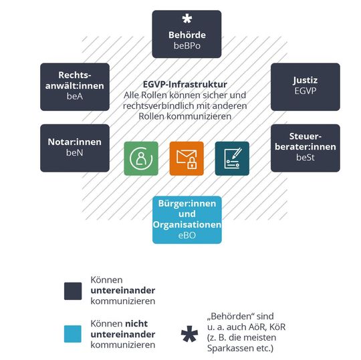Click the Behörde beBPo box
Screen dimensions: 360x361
tap(187, 34)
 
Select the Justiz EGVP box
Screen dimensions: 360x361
tap(305, 87)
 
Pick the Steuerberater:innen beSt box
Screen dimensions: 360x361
tap(305, 148)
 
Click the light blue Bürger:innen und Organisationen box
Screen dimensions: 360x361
tap(187, 220)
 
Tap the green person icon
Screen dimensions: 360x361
tap(140, 158)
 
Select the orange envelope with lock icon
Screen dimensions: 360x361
tap(187, 158)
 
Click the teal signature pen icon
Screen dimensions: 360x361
tap(232, 158)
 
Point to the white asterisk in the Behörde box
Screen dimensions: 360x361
tap(187, 19)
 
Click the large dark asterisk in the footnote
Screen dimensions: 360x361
tap(190, 333)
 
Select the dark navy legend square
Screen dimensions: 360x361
tap(72, 291)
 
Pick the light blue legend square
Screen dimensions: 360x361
tap(72, 333)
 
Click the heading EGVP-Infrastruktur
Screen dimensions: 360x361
tap(185, 85)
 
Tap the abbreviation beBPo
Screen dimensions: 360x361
tap(187, 46)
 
